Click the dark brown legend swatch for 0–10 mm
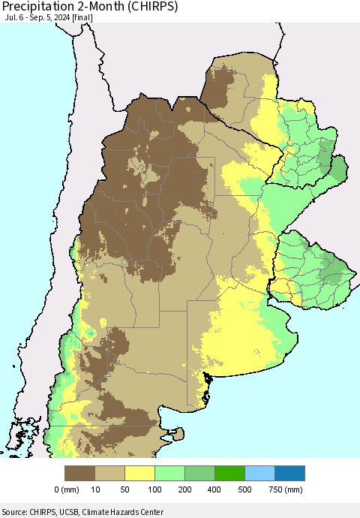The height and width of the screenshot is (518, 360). coord(80,473)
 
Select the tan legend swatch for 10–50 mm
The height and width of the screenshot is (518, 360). coord(110,473)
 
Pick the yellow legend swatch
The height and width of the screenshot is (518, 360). coord(140,473)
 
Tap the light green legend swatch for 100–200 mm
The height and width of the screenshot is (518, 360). coord(170,473)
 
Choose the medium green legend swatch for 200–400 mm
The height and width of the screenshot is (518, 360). coord(200,473)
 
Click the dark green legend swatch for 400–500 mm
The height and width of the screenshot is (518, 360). coord(230,473)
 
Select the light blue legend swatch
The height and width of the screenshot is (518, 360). coord(260,473)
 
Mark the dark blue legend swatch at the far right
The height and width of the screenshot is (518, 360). coord(290,473)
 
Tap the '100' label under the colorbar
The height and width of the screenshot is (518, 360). coord(155,489)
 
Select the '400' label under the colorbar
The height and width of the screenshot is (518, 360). coord(215,489)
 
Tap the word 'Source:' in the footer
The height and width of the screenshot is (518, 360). coord(16,512)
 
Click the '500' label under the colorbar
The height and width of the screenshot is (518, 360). coord(245,489)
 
